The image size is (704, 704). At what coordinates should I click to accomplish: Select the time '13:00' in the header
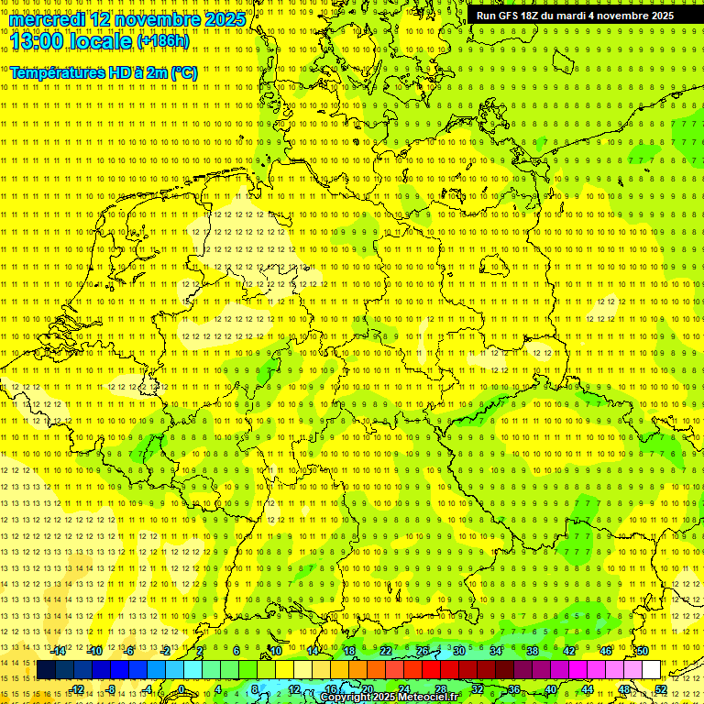click(36, 40)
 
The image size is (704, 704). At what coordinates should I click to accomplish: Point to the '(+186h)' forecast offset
click(163, 41)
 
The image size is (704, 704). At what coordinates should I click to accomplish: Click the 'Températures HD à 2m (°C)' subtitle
click(103, 71)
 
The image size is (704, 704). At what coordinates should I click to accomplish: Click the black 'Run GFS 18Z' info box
click(575, 16)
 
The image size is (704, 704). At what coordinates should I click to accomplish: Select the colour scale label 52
click(660, 689)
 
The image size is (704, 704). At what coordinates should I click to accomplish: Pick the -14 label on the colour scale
click(60, 651)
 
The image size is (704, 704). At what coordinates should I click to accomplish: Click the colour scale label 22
click(385, 651)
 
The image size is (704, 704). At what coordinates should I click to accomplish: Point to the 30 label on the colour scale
click(458, 651)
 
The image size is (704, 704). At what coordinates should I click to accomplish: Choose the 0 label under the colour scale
click(181, 689)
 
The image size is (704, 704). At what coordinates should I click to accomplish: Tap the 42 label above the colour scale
click(568, 651)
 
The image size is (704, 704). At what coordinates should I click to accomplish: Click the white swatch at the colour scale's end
click(651, 669)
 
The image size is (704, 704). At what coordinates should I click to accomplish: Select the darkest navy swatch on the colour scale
click(46, 669)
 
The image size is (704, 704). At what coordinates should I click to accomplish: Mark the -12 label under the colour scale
click(77, 689)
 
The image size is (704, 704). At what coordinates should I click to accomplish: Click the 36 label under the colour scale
click(513, 689)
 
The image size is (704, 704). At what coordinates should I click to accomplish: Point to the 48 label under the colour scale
click(623, 689)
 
